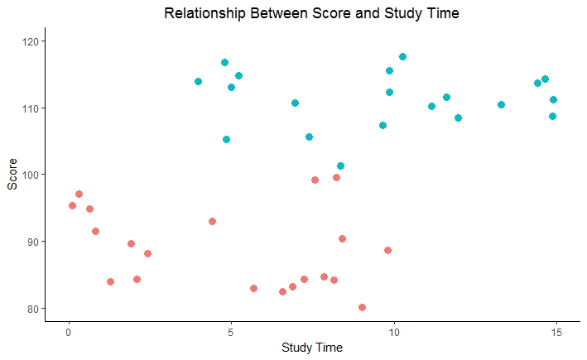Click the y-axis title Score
point(12,175)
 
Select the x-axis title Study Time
point(312,348)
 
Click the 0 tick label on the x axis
point(69,331)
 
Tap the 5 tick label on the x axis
point(231,331)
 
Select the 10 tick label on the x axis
point(393,331)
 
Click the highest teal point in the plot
point(402,56)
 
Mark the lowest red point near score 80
point(362,307)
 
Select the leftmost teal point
point(198,81)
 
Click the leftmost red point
point(72,205)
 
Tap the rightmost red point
point(387,250)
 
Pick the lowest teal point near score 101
point(340,166)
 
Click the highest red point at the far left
point(79,194)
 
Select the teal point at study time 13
point(501,104)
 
